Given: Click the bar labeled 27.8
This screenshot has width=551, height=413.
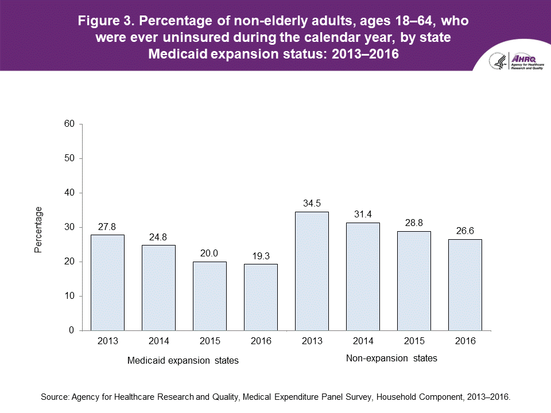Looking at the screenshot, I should click(107, 282).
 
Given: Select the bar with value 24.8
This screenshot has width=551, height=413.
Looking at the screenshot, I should click(158, 287).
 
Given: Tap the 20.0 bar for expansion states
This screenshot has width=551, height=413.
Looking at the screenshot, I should click(209, 296).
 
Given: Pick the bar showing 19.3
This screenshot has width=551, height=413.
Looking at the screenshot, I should click(261, 297).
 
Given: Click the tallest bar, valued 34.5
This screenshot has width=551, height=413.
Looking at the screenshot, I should click(312, 271).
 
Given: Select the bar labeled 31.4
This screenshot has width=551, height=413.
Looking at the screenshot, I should click(363, 276).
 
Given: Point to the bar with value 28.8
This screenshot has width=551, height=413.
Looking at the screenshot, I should click(414, 280).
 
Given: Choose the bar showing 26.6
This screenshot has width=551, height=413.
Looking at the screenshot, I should click(465, 285).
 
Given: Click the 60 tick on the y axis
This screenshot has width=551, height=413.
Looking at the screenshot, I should click(69, 124).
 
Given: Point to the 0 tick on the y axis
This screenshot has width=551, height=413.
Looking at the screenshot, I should click(72, 330).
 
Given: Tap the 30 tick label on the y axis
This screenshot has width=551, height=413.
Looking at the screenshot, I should click(69, 227).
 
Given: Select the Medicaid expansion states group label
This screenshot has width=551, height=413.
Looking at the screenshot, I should click(183, 361).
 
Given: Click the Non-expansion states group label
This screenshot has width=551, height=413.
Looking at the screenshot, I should click(391, 359).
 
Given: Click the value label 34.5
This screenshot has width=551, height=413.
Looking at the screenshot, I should click(312, 203).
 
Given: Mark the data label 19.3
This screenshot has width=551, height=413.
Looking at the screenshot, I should click(261, 255).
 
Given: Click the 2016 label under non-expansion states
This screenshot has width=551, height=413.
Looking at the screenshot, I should click(465, 341).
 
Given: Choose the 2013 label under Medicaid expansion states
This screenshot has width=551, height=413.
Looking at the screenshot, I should click(107, 341).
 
